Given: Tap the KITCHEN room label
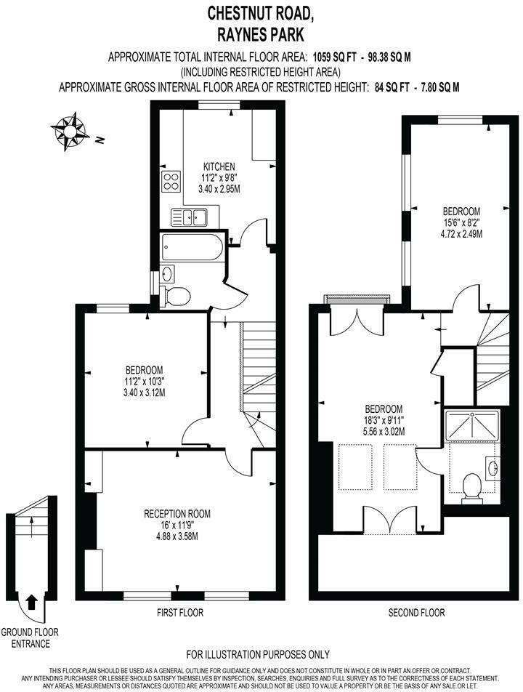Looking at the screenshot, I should [219, 166].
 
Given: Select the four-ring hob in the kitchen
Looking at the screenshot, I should [171, 182].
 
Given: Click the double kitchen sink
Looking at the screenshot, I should [190, 216].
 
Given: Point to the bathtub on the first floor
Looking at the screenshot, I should [190, 248].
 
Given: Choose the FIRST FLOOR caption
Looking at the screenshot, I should [180, 613].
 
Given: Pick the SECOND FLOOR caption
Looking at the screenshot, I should [415, 613].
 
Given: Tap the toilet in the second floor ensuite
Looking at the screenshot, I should [473, 486].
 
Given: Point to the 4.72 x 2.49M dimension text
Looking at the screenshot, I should [458, 234].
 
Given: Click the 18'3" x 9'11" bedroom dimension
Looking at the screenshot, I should [383, 420].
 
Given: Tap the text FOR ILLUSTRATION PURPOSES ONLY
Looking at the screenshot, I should [258, 654].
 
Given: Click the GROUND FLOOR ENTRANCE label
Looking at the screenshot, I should [30, 637].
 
